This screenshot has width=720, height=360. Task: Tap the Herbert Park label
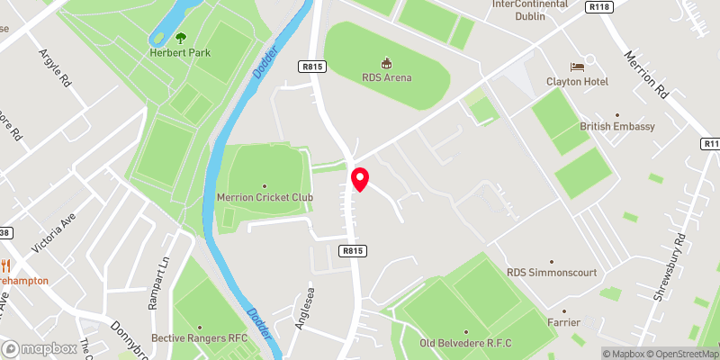pos(181,51)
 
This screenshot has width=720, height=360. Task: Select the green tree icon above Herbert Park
pos(181,37)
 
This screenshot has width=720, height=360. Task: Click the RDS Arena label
pos(387,77)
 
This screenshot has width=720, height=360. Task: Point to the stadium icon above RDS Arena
pos(387,63)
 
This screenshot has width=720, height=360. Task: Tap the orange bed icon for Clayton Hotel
pos(578,67)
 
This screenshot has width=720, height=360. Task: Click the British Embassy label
pos(616,127)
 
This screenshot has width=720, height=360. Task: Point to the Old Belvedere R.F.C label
pos(465,343)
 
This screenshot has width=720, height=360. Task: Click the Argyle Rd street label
pos(54,67)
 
